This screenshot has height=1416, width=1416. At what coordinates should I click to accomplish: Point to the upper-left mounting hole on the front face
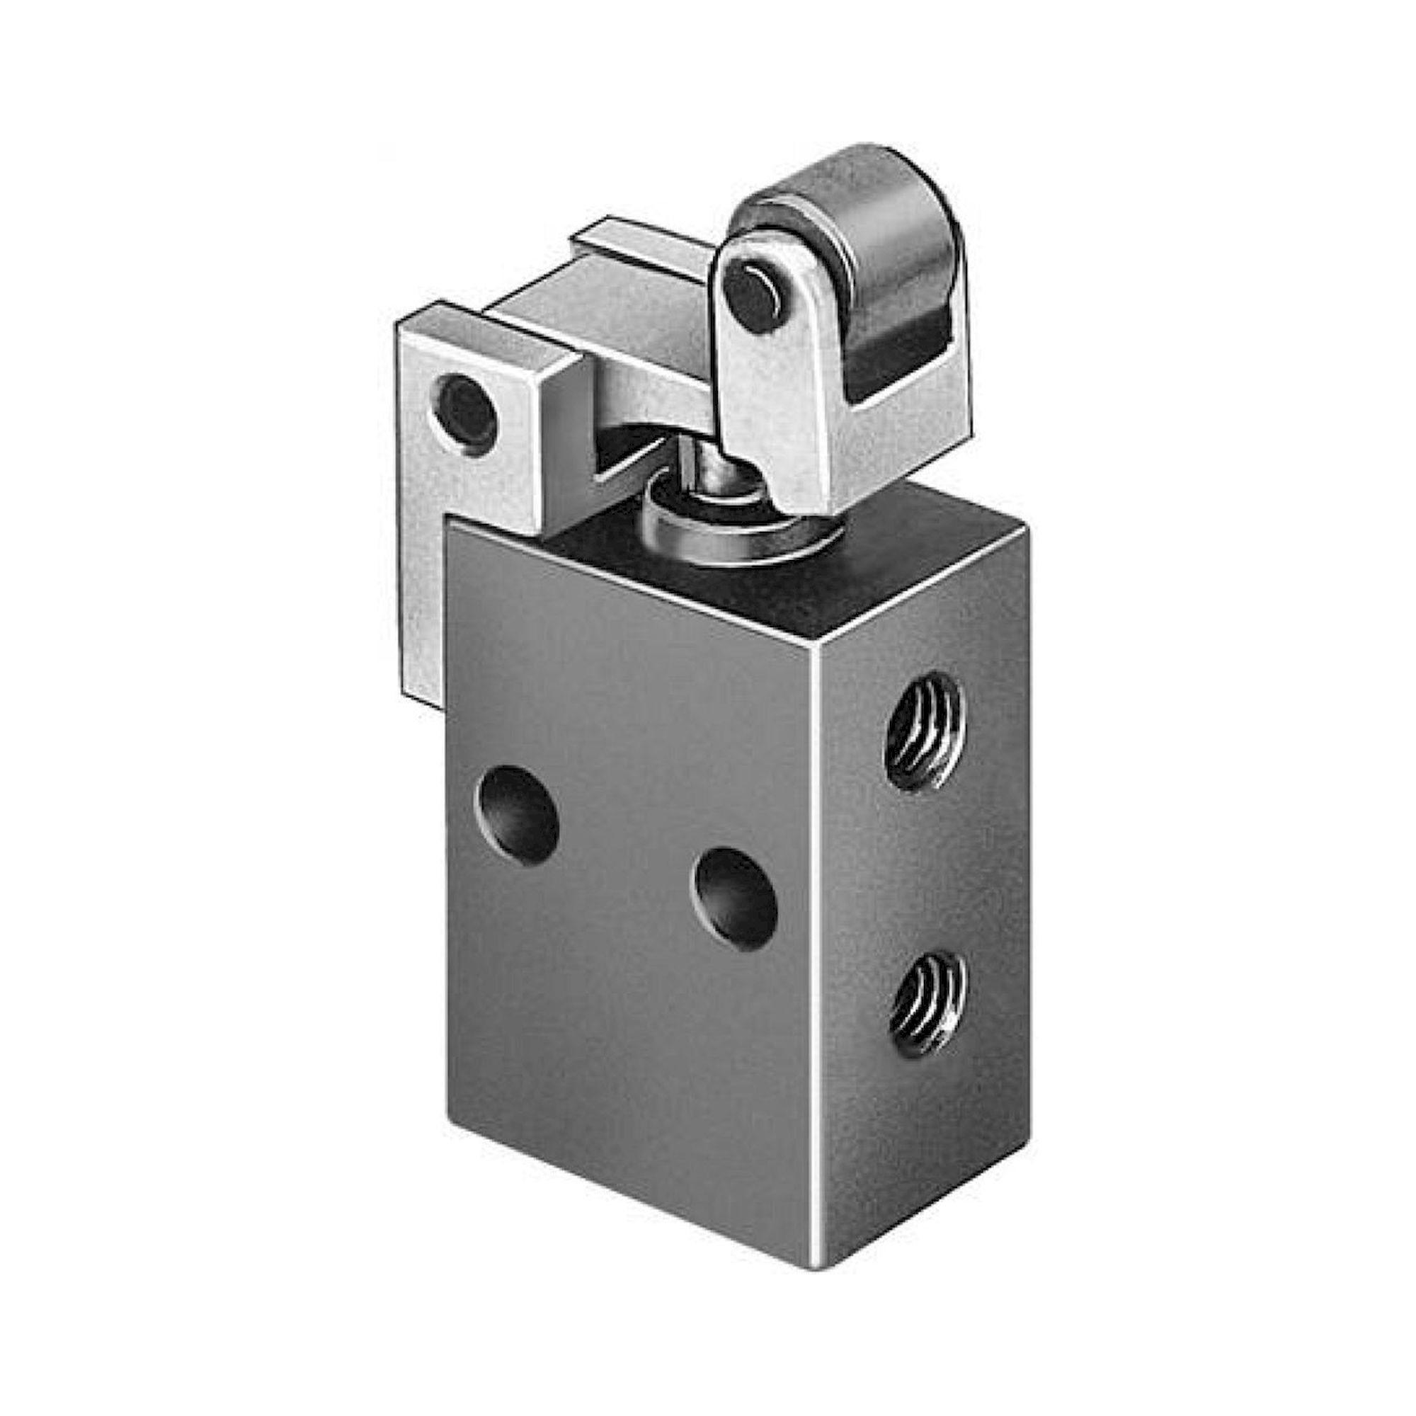point(518,813)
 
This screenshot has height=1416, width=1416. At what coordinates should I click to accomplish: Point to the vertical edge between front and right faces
point(818,953)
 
